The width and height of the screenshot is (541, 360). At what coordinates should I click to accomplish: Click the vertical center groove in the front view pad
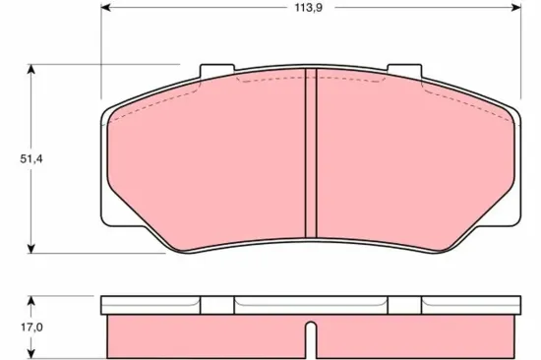click(x=310, y=157)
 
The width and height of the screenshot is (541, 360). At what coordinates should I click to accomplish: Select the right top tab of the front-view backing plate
click(x=403, y=73)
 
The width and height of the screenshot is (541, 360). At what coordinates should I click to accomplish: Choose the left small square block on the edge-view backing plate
click(x=216, y=306)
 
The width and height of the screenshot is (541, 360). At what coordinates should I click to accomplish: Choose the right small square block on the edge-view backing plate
click(x=403, y=306)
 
